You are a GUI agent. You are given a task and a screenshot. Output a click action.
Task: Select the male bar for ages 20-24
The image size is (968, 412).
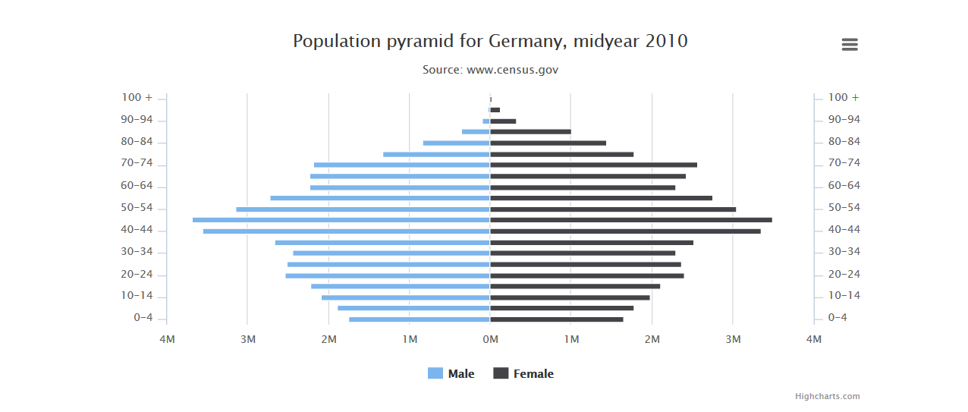tap(387, 275)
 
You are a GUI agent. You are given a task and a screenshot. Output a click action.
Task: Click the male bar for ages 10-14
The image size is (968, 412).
tap(405, 297)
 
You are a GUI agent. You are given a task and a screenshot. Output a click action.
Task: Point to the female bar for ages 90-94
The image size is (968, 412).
tap(503, 121)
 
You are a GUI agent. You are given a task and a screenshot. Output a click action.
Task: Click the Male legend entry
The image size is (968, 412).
tap(451, 373)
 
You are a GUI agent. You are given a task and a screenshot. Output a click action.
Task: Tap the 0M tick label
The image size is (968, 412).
tap(490, 339)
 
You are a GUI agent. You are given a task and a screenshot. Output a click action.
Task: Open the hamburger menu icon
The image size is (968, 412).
tap(850, 45)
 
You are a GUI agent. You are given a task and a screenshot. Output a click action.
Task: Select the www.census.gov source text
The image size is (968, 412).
tap(512, 70)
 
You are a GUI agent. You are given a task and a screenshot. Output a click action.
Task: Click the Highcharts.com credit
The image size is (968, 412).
tap(827, 396)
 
